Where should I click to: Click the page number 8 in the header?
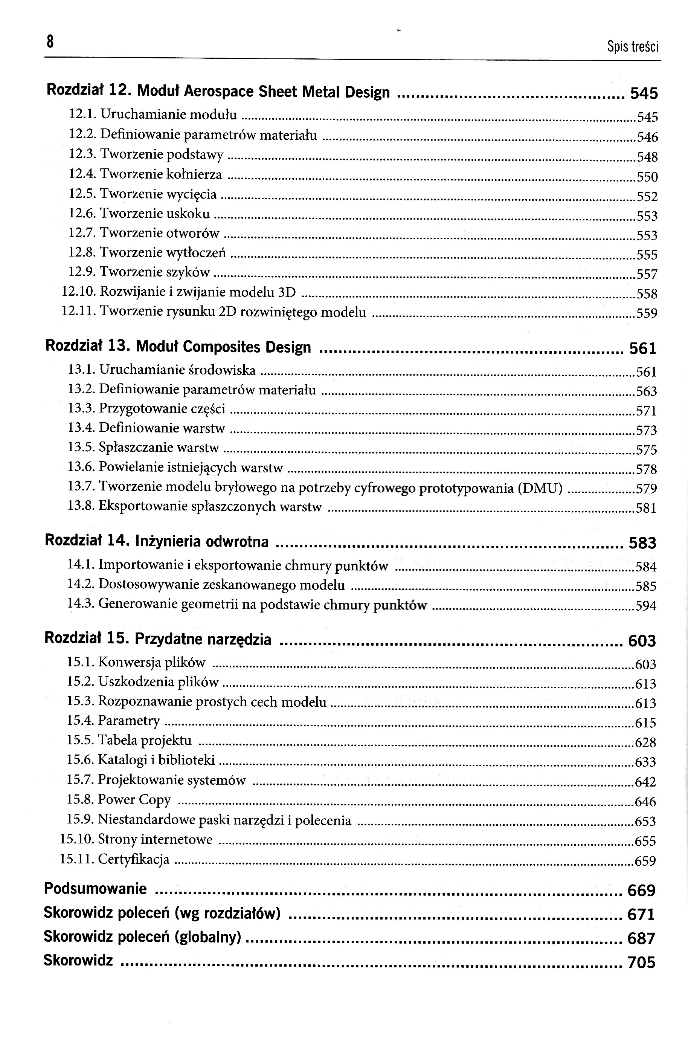point(50,42)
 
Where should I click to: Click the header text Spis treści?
point(633,46)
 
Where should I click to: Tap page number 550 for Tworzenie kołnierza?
point(647,177)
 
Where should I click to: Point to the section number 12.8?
point(82,252)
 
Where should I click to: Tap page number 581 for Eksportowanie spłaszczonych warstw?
point(646,507)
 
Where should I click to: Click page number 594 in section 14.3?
point(646,605)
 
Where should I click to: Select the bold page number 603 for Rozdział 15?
point(642,641)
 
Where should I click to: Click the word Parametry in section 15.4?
point(128,721)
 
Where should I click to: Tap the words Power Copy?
point(134,799)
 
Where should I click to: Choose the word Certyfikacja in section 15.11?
point(133,859)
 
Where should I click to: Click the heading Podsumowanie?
point(95,888)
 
